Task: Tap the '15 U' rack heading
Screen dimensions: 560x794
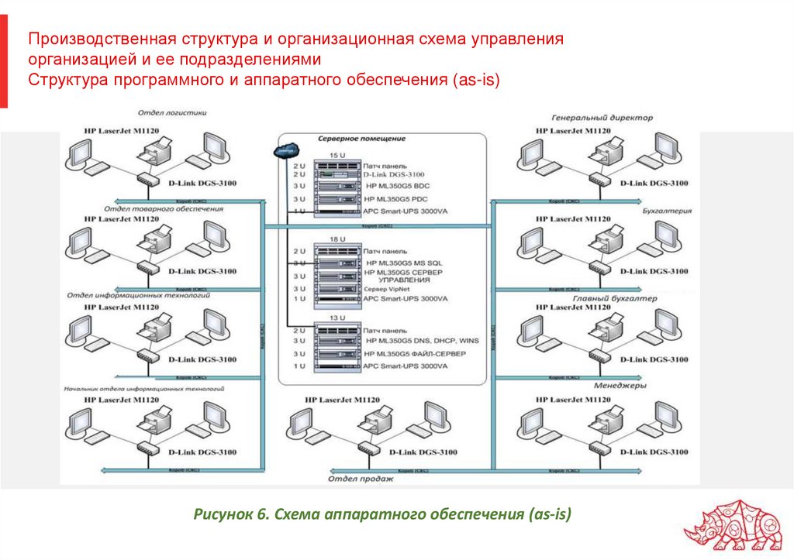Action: coord(337,156)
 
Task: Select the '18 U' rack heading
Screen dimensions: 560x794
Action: coord(337,240)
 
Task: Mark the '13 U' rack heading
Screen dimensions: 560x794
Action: coord(337,318)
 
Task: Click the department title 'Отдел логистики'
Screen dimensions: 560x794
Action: coord(173,112)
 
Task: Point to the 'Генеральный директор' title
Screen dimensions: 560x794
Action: coord(602,118)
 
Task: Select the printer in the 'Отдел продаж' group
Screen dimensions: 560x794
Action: coord(376,421)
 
